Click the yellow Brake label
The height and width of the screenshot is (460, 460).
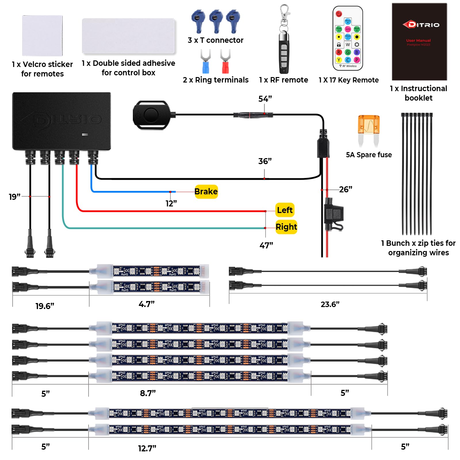pyautogui.click(x=206, y=191)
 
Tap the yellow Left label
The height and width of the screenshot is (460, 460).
pyautogui.click(x=285, y=210)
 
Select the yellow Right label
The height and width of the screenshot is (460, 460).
pyautogui.click(x=286, y=227)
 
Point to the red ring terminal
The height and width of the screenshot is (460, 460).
pyautogui.click(x=225, y=62)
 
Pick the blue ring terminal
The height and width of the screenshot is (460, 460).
pyautogui.click(x=206, y=62)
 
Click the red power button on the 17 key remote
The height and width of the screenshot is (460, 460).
pyautogui.click(x=339, y=14)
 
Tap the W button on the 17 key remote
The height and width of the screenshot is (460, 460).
pyautogui.click(x=348, y=45)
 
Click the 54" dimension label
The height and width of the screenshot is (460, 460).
pyautogui.click(x=265, y=99)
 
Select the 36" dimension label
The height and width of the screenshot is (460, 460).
pyautogui.click(x=265, y=161)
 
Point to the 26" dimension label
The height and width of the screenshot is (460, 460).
pyautogui.click(x=346, y=189)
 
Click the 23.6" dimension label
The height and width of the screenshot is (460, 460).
pyautogui.click(x=330, y=304)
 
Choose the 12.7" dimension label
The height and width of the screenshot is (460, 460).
pyautogui.click(x=147, y=448)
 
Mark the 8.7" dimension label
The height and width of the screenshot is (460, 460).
pyautogui.click(x=148, y=393)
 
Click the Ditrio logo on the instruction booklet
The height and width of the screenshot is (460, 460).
pyautogui.click(x=421, y=25)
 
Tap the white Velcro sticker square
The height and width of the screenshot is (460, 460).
pyautogui.click(x=42, y=36)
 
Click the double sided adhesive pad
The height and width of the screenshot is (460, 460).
pyautogui.click(x=129, y=36)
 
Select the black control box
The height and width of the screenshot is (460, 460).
pyautogui.click(x=62, y=121)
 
